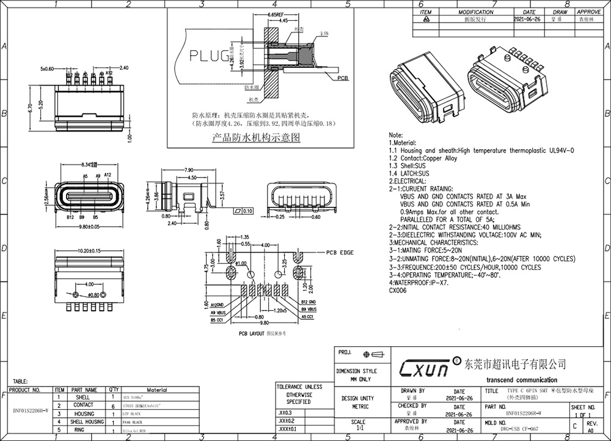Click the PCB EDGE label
tap(340, 252)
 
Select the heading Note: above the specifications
tap(396, 135)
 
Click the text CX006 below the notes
tap(398, 291)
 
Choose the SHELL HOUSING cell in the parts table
tap(86, 422)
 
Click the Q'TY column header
tap(114, 390)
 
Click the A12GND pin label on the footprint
tap(219, 305)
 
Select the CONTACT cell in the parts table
tap(84, 405)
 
